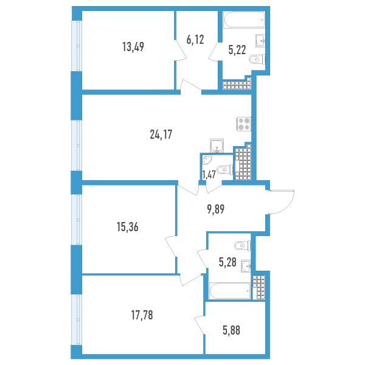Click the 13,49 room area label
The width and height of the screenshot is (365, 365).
point(133,47)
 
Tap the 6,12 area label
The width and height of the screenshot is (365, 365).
point(195,40)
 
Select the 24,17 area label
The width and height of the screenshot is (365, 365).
point(161,134)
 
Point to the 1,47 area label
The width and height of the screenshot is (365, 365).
point(209,175)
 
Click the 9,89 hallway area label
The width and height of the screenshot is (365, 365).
point(215,209)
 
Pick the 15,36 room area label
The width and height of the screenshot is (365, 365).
point(128,227)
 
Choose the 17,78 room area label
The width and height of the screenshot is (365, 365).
point(142,315)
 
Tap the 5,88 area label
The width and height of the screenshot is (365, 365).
point(231,330)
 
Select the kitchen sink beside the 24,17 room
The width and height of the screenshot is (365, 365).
point(217,145)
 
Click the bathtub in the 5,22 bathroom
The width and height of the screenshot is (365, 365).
point(244,20)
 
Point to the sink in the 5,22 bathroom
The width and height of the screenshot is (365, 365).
point(260,41)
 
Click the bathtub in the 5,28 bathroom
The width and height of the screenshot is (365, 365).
point(230,291)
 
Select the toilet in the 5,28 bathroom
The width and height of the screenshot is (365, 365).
point(243,246)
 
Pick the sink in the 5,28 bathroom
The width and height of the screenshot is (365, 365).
point(246,266)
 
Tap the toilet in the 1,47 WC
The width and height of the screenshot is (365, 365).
point(224,170)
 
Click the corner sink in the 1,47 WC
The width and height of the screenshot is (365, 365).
point(207,159)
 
